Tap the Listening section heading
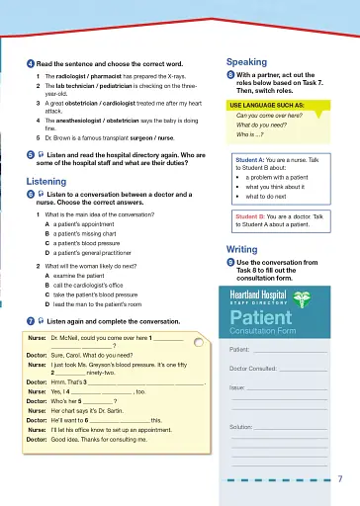pyautogui.click(x=45, y=183)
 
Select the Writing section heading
pyautogui.click(x=242, y=249)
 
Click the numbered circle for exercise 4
pyautogui.click(x=30, y=62)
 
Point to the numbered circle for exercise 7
pyautogui.click(x=30, y=322)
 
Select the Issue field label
pyautogui.click(x=238, y=388)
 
